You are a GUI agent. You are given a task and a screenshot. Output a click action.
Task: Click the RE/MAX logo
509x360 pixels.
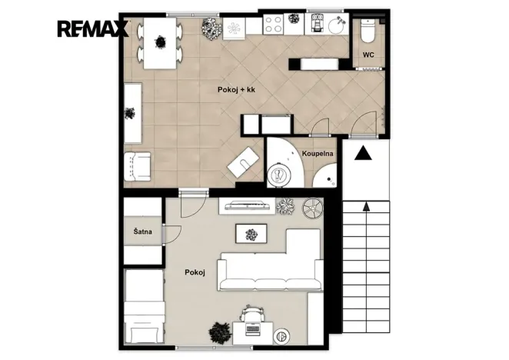click(x=93, y=28)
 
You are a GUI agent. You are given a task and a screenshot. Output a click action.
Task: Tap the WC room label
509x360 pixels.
click(x=368, y=55)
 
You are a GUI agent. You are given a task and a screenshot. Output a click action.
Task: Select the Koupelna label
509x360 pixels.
click(x=318, y=153)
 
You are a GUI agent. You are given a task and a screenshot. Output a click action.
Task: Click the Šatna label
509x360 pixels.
click(x=143, y=232)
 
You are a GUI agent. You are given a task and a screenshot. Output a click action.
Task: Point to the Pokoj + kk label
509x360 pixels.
click(x=236, y=90)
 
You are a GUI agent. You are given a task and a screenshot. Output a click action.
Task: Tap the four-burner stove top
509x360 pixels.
click(x=273, y=24)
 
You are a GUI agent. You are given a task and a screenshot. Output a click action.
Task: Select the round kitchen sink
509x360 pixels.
click(x=337, y=25)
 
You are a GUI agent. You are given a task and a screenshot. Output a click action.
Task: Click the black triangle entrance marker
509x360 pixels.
click(x=363, y=153)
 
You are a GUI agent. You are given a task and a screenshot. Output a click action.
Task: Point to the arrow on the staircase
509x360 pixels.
click(x=366, y=206)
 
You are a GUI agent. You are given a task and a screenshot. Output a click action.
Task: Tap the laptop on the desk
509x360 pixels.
click(x=253, y=329)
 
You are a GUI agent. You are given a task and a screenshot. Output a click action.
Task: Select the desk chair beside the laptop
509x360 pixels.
click(x=251, y=313)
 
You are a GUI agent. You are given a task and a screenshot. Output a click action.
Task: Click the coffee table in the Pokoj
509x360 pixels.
click(x=251, y=234)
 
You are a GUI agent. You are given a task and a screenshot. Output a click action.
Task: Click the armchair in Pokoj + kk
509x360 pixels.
click(x=138, y=166)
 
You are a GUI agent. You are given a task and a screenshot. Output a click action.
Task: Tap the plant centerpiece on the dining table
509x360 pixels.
click(x=160, y=42)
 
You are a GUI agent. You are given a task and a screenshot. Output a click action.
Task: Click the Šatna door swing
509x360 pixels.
click(x=173, y=235)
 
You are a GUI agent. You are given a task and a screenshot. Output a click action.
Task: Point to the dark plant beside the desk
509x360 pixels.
click(x=221, y=333)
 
